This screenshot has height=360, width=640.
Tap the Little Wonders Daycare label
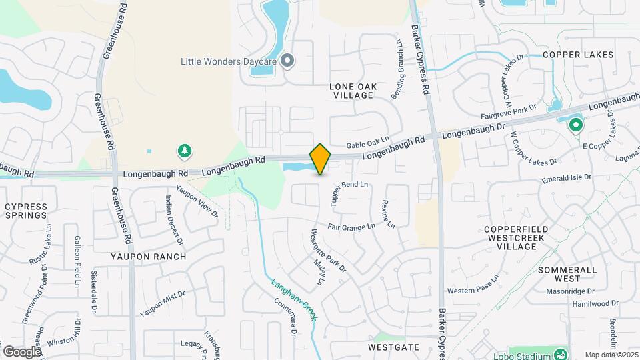tap(229, 61)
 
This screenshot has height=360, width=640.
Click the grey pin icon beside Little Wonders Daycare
tap(287, 61)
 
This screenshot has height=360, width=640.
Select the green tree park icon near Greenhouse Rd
tap(184, 152)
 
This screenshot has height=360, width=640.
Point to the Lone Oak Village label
tap(353, 91)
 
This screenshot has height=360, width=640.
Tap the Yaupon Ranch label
tap(141, 256)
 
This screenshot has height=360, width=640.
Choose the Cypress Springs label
tap(26, 211)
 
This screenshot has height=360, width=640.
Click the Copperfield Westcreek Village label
tap(517, 237)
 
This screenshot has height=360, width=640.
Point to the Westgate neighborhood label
tap(393, 347)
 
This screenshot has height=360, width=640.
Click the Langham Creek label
tap(294, 299)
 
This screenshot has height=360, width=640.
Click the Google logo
tap(22, 352)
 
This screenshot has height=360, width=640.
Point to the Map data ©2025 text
tap(611, 355)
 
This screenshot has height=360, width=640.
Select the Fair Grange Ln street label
tap(351, 227)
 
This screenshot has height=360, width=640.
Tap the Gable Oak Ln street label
tap(367, 143)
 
